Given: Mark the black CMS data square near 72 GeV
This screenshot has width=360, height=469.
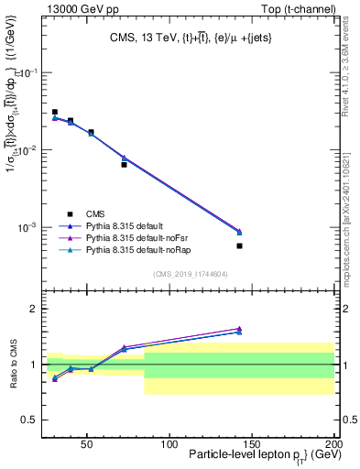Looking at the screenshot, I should pyautogui.click(x=124, y=165).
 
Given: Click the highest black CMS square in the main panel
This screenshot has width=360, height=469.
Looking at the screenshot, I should pyautogui.click(x=55, y=113).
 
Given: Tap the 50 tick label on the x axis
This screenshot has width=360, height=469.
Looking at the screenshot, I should pyautogui.click(x=86, y=443).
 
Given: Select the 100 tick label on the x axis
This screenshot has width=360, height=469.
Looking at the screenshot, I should pyautogui.click(x=169, y=443).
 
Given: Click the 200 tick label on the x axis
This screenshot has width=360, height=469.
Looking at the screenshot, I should pyautogui.click(x=333, y=443).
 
